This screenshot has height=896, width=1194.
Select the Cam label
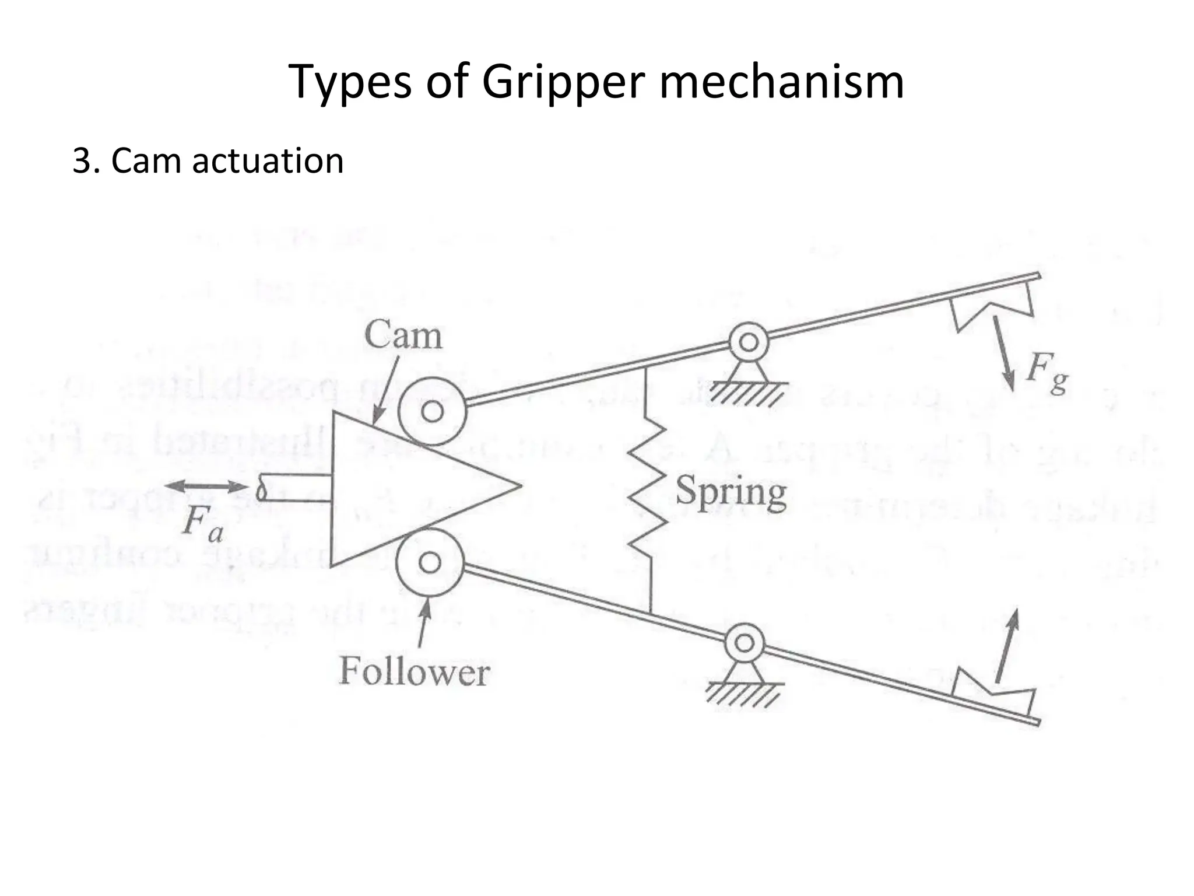pyautogui.click(x=403, y=336)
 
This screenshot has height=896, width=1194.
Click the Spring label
pyautogui.click(x=731, y=493)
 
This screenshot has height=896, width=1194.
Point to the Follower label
pyautogui.click(x=415, y=672)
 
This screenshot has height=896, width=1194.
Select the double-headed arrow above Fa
pyautogui.click(x=206, y=487)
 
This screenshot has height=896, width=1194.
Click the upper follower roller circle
pyautogui.click(x=432, y=412)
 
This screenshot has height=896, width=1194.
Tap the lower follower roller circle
pyautogui.click(x=430, y=563)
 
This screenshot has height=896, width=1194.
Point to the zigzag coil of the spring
pyautogui.click(x=647, y=490)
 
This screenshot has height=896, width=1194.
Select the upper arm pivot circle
pyautogui.click(x=749, y=342)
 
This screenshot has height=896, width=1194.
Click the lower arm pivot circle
pyautogui.click(x=745, y=643)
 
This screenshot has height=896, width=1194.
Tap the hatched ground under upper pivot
pyautogui.click(x=747, y=394)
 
